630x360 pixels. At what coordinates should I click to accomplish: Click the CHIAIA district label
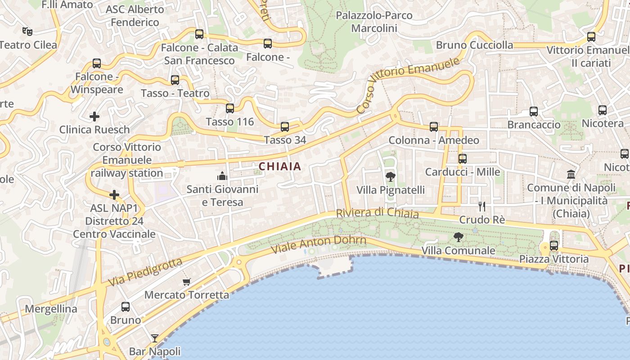[280, 166]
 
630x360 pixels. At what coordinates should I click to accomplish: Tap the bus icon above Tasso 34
[284, 127]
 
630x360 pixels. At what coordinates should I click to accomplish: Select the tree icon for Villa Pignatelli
[390, 177]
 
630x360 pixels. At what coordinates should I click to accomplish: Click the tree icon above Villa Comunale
[458, 237]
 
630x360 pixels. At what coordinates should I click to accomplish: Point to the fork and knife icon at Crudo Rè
[482, 207]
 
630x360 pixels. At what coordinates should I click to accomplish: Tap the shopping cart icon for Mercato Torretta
[186, 282]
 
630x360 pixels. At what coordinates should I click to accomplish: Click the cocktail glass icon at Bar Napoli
[155, 338]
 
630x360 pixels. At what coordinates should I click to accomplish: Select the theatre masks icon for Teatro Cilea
[27, 31]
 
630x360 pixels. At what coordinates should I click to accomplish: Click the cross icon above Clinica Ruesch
[94, 117]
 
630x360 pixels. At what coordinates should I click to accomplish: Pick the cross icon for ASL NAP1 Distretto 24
[114, 195]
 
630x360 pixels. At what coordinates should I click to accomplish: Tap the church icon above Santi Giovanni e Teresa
[222, 176]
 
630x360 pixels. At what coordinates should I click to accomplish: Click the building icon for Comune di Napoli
[571, 174]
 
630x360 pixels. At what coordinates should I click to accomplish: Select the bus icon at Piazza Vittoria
[554, 246]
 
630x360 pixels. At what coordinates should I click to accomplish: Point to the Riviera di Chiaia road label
[378, 213]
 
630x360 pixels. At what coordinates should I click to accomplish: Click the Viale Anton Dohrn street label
[319, 245]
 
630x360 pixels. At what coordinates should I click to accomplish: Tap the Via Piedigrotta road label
[145, 272]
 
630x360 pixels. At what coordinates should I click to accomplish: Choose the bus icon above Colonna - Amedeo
[433, 127]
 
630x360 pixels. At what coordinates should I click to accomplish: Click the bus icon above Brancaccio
[533, 111]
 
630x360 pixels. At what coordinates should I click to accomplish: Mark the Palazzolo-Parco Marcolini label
[374, 22]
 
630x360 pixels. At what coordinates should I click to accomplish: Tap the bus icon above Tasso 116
[230, 108]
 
